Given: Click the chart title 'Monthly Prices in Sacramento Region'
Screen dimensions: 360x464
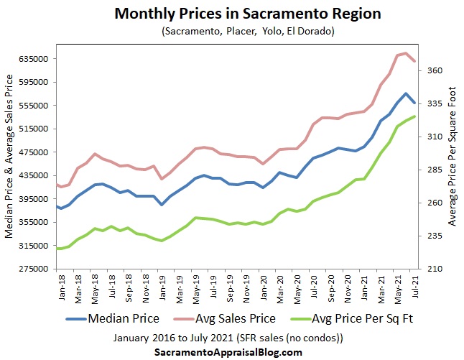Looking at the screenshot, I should pyautogui.click(x=231, y=14).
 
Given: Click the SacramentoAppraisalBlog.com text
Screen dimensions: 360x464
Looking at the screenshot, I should pyautogui.click(x=228, y=352).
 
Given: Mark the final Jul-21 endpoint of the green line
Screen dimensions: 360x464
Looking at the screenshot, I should pyautogui.click(x=414, y=116).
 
